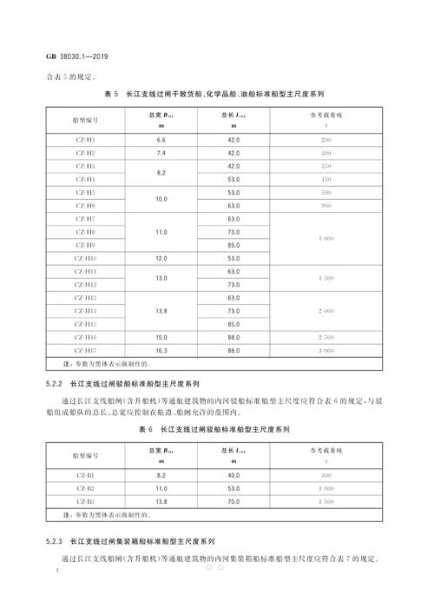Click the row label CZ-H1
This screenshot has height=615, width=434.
pos(85,140)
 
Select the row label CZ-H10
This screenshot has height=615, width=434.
pos(85,257)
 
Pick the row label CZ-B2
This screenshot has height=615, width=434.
pos(85,489)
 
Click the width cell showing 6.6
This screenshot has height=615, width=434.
pos(161,140)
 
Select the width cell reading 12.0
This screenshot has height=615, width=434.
pos(161,257)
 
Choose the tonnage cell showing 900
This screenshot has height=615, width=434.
pos(326,205)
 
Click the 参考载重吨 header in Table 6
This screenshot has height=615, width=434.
pos(326,452)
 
